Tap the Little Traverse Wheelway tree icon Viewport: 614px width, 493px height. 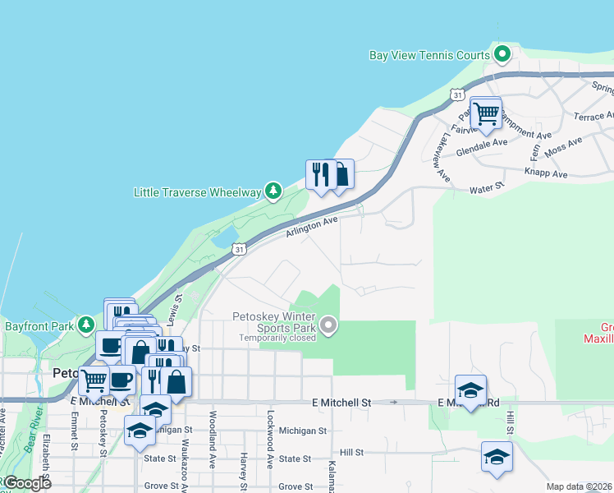point(273,192)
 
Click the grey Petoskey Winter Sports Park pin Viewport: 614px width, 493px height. point(329,326)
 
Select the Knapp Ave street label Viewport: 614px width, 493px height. point(548,174)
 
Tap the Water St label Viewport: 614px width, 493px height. point(486,188)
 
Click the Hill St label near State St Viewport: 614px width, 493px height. point(351,452)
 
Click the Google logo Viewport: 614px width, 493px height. point(26,483)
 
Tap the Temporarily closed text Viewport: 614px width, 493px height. point(277,338)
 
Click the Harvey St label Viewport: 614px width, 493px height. point(244,469)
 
